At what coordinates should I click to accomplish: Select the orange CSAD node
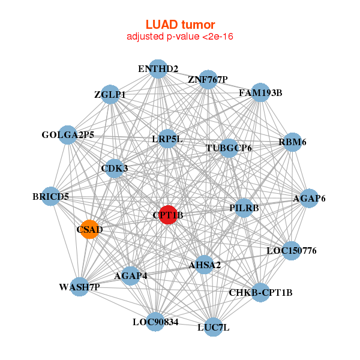pyautogui.click(x=89, y=229)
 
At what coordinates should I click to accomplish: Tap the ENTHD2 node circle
pyautogui.click(x=157, y=68)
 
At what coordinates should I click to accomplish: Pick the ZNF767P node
pyautogui.click(x=208, y=80)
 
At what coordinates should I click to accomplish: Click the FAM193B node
pyautogui.click(x=260, y=92)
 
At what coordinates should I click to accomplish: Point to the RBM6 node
pyautogui.click(x=292, y=142)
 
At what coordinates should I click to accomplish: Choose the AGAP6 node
pyautogui.click(x=308, y=199)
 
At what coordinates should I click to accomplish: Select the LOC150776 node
pyautogui.click(x=291, y=250)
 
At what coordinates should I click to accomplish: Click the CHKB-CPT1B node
pyautogui.click(x=260, y=292)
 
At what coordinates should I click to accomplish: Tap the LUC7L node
pyautogui.click(x=213, y=327)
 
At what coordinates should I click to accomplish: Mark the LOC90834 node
pyautogui.click(x=155, y=322)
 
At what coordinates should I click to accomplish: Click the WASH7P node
pyautogui.click(x=79, y=287)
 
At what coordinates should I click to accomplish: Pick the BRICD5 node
pyautogui.click(x=51, y=196)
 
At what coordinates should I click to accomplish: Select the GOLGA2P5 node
pyautogui.click(x=68, y=134)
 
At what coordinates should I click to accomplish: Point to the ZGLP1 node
pyautogui.click(x=110, y=94)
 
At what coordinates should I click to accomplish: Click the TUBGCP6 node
pyautogui.click(x=229, y=148)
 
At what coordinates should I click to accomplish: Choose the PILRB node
pyautogui.click(x=244, y=208)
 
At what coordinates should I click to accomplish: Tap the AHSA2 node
pyautogui.click(x=205, y=265)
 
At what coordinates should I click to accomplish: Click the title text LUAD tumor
pyautogui.click(x=180, y=25)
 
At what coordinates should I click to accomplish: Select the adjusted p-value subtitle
pyautogui.click(x=180, y=37)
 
